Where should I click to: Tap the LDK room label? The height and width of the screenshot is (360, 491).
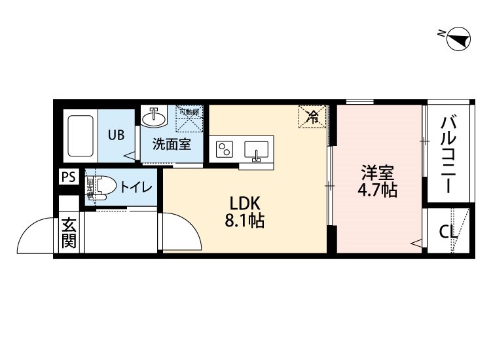[x=244, y=202]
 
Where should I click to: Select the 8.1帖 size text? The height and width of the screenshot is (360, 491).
[x=244, y=221]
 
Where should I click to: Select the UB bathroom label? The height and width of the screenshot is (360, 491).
[x=116, y=135]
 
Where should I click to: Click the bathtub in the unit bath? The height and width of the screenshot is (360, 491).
[x=81, y=136]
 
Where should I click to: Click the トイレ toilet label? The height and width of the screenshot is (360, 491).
[x=136, y=188]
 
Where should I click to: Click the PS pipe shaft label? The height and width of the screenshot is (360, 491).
[x=67, y=176]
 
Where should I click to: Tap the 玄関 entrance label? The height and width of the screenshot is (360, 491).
[x=69, y=233]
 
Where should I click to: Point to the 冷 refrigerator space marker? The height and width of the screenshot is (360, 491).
[x=314, y=117]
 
